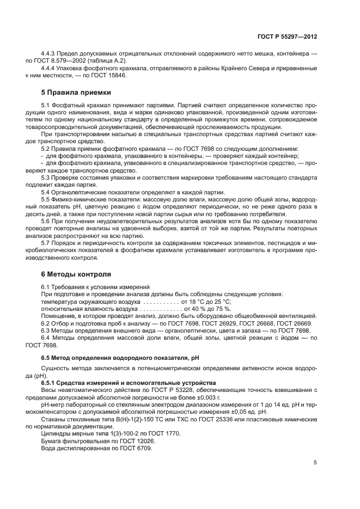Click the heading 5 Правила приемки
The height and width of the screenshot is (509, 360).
point(73,92)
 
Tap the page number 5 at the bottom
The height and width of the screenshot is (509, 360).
point(315,463)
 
